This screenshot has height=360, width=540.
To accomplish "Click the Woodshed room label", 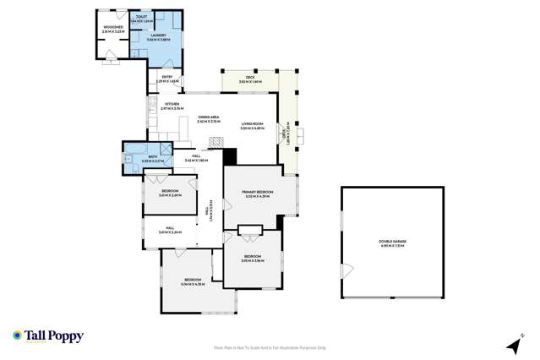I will tap(114, 28).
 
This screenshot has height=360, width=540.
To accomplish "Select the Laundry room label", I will tap(158, 35).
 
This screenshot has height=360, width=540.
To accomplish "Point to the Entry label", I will tap(166, 77).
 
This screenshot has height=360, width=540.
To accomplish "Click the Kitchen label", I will tap(172, 105).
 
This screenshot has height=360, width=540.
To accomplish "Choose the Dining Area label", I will tap(209, 117).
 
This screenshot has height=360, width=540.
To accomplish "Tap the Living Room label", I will tap(253, 123).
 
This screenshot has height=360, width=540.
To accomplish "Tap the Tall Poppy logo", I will tap(48, 336).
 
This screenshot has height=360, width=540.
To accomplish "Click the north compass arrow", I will tap(512, 346).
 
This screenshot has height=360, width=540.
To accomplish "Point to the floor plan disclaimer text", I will tap(270, 347).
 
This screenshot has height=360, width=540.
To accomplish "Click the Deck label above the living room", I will tap(250, 78).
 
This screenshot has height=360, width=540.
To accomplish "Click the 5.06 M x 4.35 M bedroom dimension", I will tap(194, 284).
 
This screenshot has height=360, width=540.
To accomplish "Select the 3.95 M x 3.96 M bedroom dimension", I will tap(253, 260).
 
